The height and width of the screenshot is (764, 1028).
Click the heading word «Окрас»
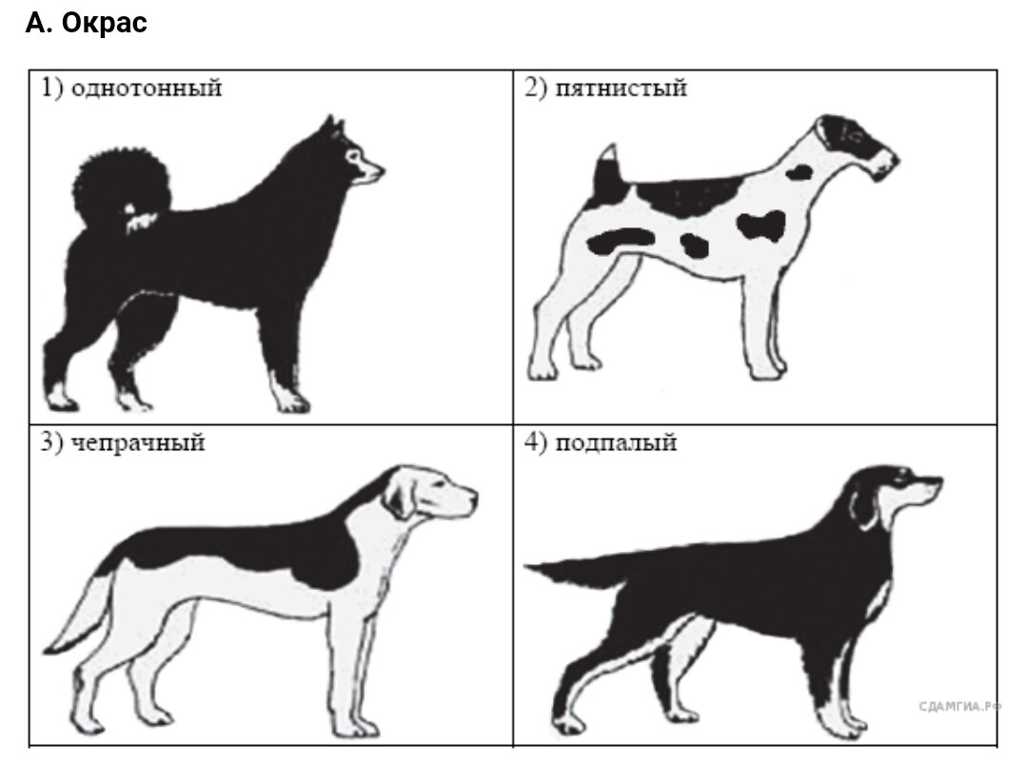click(105, 23)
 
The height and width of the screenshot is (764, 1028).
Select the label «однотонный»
click(147, 88)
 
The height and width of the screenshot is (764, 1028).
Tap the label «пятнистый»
click(621, 88)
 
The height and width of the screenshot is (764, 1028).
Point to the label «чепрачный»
click(138, 443)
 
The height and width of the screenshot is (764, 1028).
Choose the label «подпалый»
click(616, 443)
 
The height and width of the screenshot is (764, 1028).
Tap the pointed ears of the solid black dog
click(333, 128)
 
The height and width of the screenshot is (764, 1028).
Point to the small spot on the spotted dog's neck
click(800, 172)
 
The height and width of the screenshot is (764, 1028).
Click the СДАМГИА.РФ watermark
click(959, 706)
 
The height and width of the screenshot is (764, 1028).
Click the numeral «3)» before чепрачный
click(52, 443)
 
